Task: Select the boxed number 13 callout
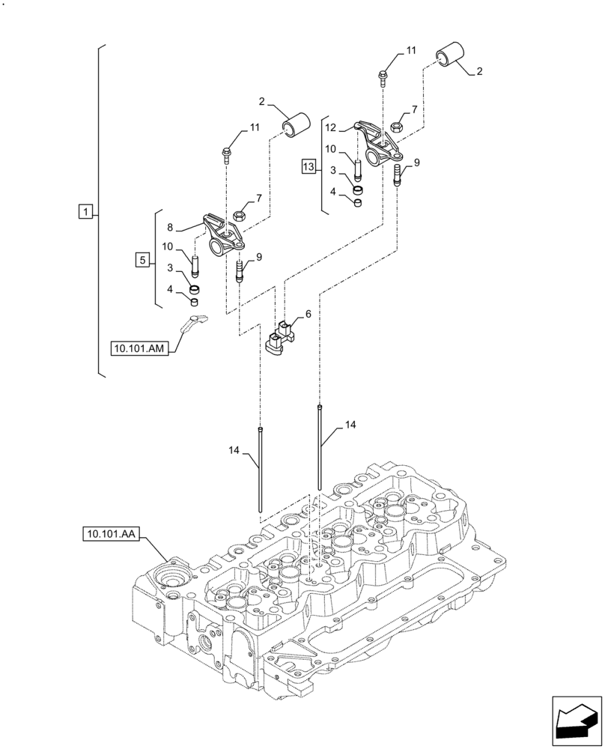308,166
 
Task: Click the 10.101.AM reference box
139,348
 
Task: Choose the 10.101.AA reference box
111,533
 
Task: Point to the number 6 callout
307,315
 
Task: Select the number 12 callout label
331,127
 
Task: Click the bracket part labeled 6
280,339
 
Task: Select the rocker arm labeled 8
224,234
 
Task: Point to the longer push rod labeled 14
319,446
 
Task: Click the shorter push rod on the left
260,469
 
